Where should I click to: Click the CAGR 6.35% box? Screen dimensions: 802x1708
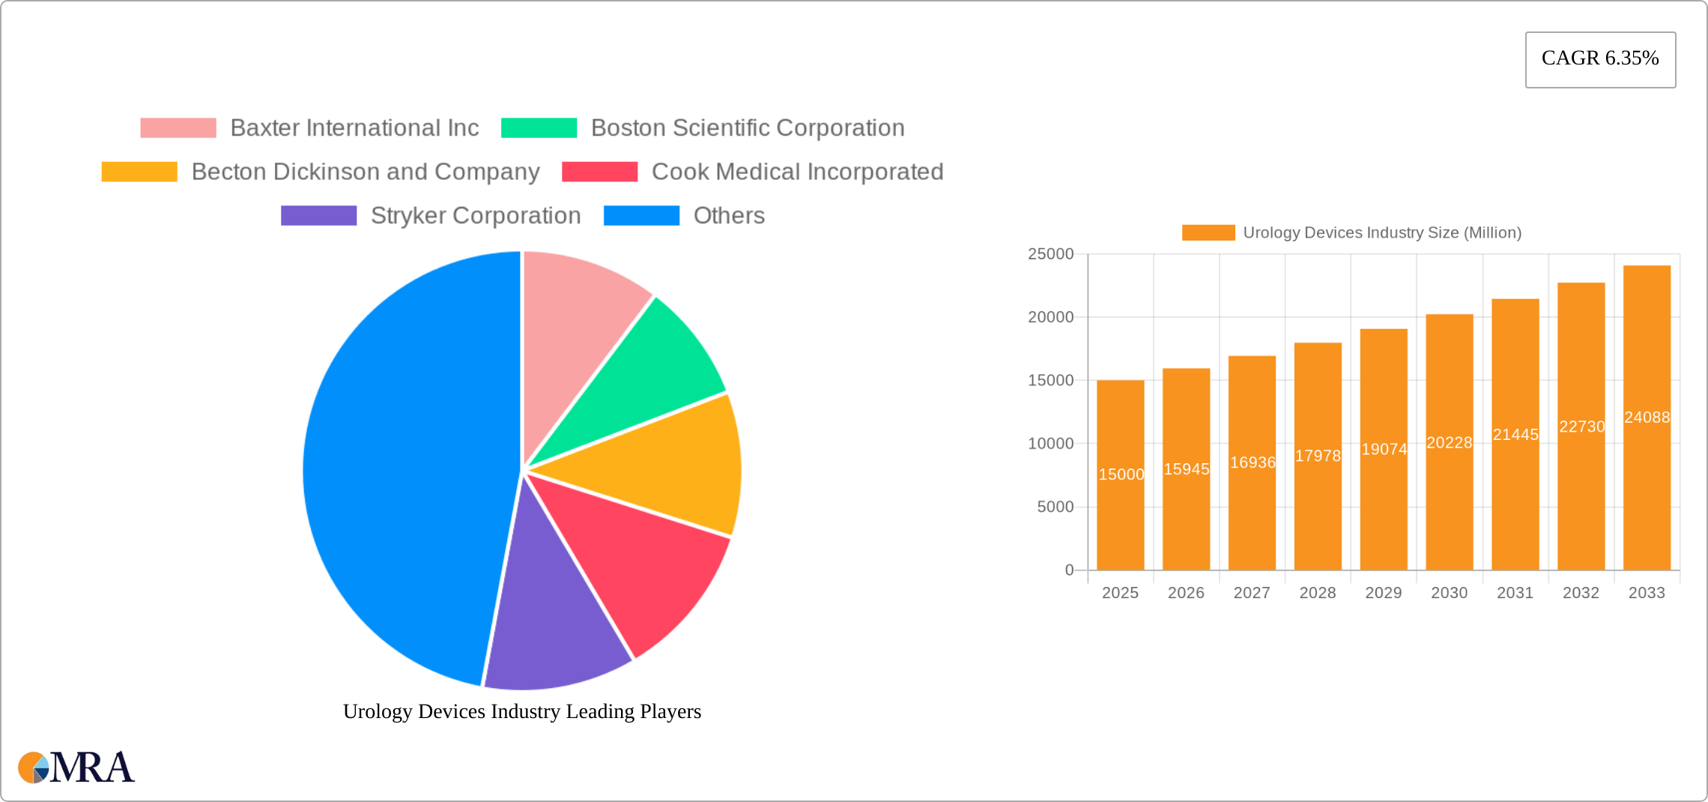pyautogui.click(x=1600, y=59)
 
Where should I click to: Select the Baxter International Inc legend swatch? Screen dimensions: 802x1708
pyautogui.click(x=178, y=128)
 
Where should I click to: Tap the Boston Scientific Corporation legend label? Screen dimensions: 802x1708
pyautogui.click(x=748, y=128)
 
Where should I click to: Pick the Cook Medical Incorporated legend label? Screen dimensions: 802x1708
pyautogui.click(x=797, y=172)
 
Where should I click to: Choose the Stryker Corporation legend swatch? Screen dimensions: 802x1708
pyautogui.click(x=318, y=216)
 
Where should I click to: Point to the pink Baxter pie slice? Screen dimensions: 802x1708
pyautogui.click(x=577, y=315)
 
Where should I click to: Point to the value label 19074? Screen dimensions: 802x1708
pyautogui.click(x=1384, y=449)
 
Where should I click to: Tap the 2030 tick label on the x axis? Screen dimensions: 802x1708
pyautogui.click(x=1449, y=593)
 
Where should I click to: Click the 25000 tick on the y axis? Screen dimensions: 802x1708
pyautogui.click(x=1050, y=254)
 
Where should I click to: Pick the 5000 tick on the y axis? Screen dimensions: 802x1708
pyautogui.click(x=1055, y=507)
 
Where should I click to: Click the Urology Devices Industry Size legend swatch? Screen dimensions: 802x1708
pyautogui.click(x=1208, y=233)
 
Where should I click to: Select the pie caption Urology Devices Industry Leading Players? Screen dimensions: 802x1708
pyautogui.click(x=522, y=711)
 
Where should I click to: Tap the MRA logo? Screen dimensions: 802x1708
pyautogui.click(x=76, y=768)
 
